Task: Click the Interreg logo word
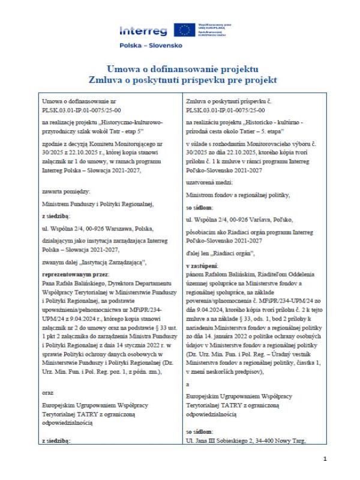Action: coord(145,31)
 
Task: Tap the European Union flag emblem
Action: coord(184,30)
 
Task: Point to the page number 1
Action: coord(325,459)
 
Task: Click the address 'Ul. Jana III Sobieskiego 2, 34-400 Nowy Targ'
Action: coord(247,441)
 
